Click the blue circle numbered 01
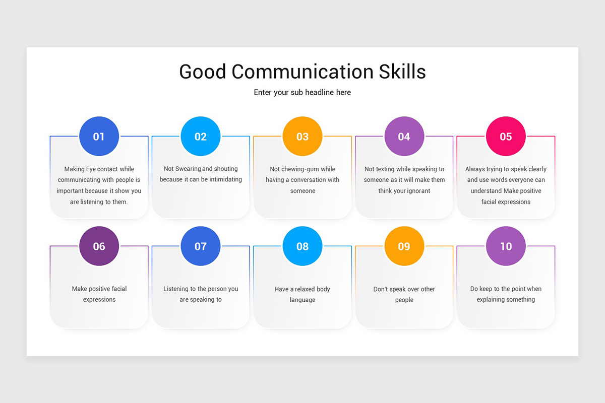point(99,137)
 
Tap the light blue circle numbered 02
point(201,137)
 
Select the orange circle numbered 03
point(302,137)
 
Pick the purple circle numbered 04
point(404,137)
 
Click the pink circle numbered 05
point(506,137)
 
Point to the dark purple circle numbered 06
point(99,246)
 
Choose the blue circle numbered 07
point(201,246)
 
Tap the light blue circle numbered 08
point(302,246)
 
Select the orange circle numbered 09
point(404,246)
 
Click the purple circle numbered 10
point(506,246)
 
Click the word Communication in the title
point(302,72)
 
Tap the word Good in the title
point(202,72)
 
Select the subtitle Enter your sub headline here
point(302,92)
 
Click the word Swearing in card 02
point(188,169)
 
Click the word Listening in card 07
point(177,289)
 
